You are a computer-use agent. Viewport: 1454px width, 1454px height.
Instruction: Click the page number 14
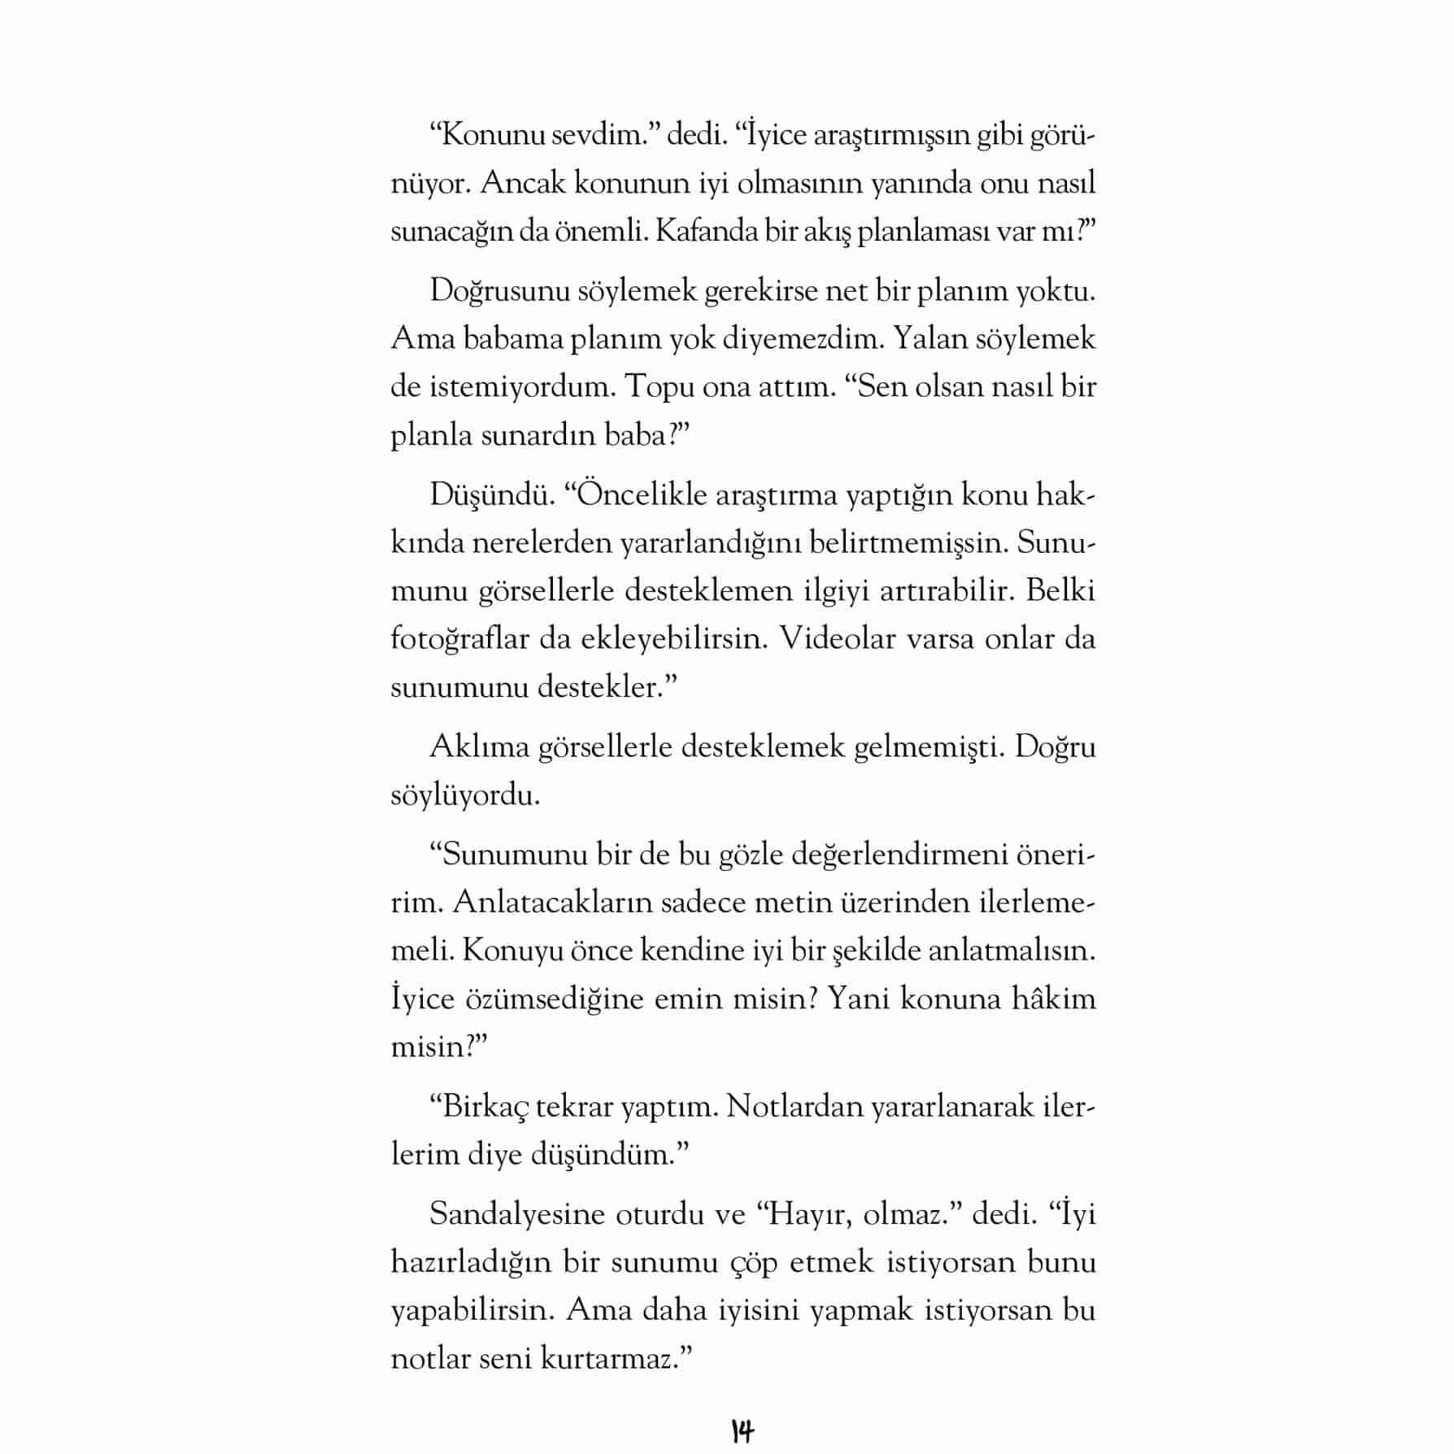(742, 1430)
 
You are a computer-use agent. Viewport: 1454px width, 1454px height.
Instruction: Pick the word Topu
(651, 386)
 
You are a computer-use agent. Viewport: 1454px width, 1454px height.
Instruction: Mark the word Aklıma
(479, 747)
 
